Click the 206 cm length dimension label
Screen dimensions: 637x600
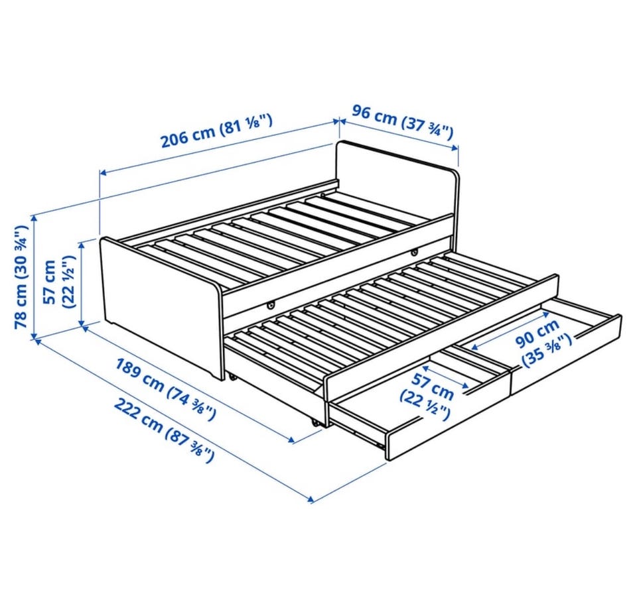216,131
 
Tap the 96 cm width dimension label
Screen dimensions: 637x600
402,121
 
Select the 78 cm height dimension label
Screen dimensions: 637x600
21,277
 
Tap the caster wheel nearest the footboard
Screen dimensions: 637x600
233,377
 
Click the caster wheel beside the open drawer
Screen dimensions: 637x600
315,422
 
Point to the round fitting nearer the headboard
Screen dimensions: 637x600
414,253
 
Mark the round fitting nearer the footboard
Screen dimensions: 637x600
270,304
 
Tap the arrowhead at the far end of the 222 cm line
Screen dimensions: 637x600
311,499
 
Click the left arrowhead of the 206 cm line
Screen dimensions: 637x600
104,173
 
